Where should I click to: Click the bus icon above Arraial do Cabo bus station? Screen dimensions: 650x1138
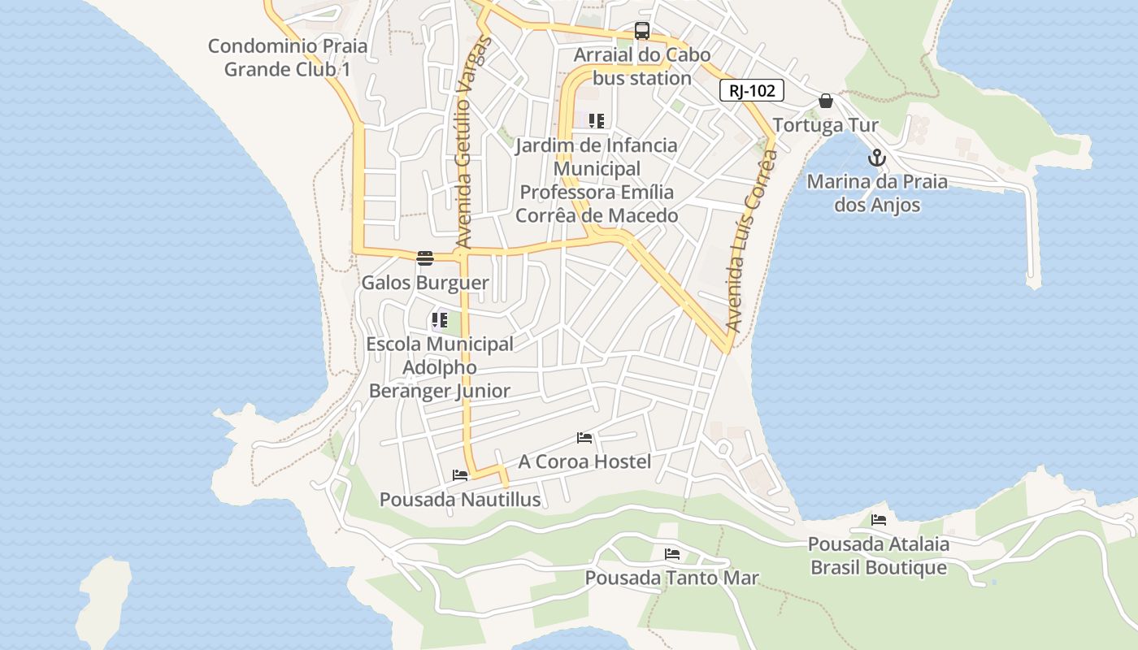coord(642,32)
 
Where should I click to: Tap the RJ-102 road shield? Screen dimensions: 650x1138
coord(752,90)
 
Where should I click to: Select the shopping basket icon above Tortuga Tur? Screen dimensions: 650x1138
coord(826,101)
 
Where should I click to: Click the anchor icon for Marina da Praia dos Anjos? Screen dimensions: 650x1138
coord(876,158)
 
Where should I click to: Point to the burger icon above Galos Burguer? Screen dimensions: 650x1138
coord(425,258)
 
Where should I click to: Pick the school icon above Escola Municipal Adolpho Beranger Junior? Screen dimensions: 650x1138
coord(440,320)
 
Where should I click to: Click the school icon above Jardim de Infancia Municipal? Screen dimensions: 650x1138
coord(597,121)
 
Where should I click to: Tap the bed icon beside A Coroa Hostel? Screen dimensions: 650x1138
coord(584,438)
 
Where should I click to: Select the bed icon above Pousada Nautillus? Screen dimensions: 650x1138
coord(460,475)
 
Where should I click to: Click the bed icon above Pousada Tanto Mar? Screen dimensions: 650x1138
coord(672,554)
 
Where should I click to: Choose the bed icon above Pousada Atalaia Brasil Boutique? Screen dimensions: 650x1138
coord(879,520)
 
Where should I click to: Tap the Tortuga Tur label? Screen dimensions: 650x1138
coord(825,125)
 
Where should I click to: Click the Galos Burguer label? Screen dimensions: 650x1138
coord(425,283)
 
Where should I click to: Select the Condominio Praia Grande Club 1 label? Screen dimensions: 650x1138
coord(288,58)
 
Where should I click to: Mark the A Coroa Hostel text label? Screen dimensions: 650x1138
coord(585,461)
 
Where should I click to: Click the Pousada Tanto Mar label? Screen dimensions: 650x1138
coord(672,578)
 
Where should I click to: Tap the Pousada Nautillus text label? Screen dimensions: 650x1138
coord(460,499)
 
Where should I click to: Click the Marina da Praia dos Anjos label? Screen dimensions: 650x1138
coord(877,193)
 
